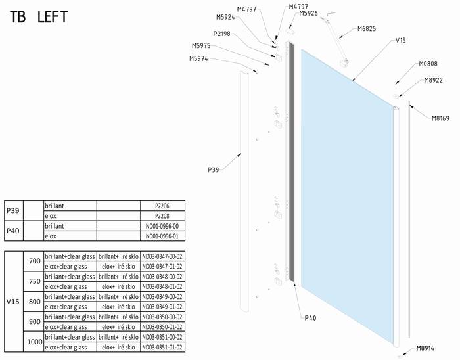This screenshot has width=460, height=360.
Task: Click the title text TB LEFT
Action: click(39, 16)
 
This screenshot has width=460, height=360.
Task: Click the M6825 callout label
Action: click(367, 29)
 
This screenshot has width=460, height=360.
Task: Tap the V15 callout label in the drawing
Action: click(400, 40)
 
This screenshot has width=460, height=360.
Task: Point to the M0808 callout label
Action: click(428, 64)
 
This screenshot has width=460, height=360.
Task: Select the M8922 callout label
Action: click(433, 80)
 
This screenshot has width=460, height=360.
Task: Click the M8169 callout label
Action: click(440, 118)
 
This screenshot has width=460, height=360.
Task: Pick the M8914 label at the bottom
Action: click(425, 348)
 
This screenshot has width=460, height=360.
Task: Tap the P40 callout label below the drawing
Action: click(310, 318)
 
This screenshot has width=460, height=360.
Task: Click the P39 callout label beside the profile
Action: click(214, 169)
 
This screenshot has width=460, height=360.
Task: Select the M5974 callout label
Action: click(198, 58)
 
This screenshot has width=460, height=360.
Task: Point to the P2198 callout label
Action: click(222, 34)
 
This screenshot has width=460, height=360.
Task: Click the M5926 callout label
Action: click(308, 13)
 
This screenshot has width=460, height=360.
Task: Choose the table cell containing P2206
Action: click(162, 206)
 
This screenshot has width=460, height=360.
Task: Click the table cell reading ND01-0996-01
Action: click(162, 236)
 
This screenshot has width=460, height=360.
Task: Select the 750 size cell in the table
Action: click(34, 281)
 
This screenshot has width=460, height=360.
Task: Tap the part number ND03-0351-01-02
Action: click(162, 348)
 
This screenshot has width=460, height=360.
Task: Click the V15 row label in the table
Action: click(14, 302)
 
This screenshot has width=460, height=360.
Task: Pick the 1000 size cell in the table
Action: click(34, 342)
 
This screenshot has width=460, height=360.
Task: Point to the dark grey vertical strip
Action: click(292, 161)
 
